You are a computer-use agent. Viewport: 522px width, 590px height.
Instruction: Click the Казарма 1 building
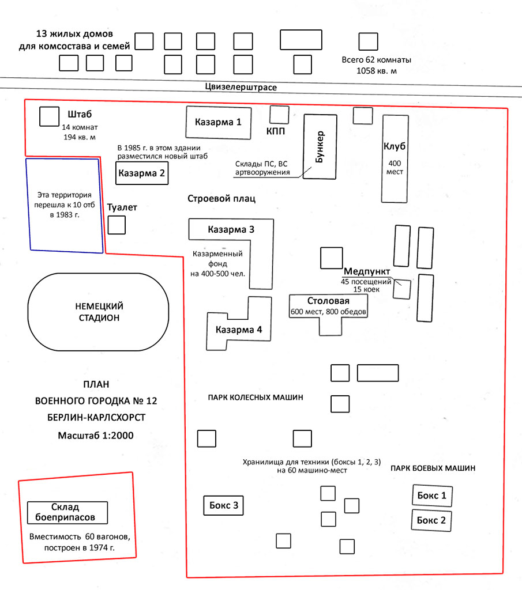[219, 123]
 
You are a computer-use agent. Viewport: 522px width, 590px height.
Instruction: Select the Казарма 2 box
[142, 173]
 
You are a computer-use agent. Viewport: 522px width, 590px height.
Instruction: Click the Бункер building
[320, 147]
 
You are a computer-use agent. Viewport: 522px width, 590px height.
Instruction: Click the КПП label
[276, 131]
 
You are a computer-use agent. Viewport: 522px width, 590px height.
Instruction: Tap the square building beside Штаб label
[50, 116]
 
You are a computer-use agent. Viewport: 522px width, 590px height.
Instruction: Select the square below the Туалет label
[117, 225]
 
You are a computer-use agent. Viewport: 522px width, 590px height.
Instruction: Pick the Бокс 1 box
[432, 496]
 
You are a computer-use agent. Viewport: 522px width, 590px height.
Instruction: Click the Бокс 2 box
[431, 520]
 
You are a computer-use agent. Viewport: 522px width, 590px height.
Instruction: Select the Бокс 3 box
[223, 505]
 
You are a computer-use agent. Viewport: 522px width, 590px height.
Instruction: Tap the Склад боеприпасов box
[67, 512]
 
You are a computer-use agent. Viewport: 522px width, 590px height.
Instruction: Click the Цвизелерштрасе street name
[241, 88]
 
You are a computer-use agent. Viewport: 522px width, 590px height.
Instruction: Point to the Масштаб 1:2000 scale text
[96, 436]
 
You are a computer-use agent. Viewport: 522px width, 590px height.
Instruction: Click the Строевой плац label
[221, 199]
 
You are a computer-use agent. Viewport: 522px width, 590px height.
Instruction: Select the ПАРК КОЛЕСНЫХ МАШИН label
[256, 398]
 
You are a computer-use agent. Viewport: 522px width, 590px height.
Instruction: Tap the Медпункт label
[367, 271]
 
